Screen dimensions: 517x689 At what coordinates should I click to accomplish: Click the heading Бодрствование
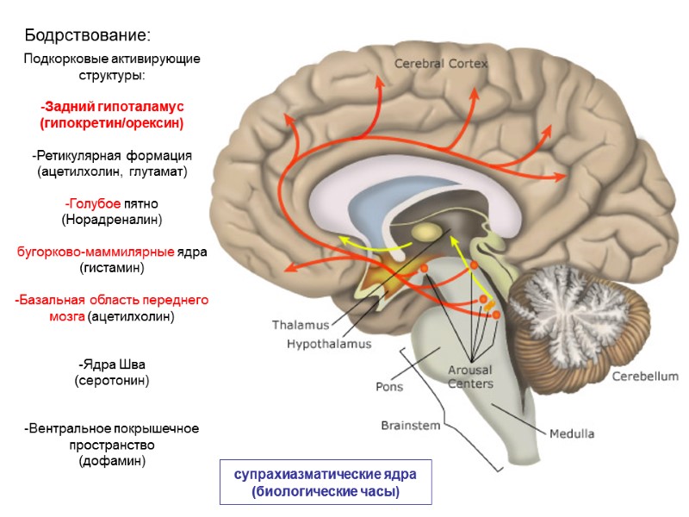pyautogui.click(x=88, y=36)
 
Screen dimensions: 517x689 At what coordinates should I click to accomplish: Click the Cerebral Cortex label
pyautogui.click(x=441, y=64)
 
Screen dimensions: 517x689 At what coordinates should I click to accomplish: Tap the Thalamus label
pyautogui.click(x=301, y=326)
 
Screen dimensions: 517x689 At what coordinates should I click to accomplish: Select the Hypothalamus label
pyautogui.click(x=329, y=344)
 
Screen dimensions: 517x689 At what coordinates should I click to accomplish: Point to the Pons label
pyautogui.click(x=389, y=386)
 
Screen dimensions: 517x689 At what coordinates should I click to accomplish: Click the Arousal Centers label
pyautogui.click(x=470, y=377)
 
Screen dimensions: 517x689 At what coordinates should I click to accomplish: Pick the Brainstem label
pyautogui.click(x=411, y=426)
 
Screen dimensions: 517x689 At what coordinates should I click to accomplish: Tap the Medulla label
pyautogui.click(x=572, y=433)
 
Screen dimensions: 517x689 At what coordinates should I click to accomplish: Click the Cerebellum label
pyautogui.click(x=645, y=377)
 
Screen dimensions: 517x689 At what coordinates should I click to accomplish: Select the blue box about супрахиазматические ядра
pyautogui.click(x=326, y=483)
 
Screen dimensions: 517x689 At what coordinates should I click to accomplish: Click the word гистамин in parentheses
pyautogui.click(x=112, y=268)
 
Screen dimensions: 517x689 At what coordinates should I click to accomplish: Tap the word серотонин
pyautogui.click(x=112, y=379)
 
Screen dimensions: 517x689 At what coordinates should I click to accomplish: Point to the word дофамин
pyautogui.click(x=112, y=461)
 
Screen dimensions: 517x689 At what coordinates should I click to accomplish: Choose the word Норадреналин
pyautogui.click(x=112, y=220)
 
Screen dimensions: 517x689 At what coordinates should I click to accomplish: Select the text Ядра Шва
pyautogui.click(x=112, y=363)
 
